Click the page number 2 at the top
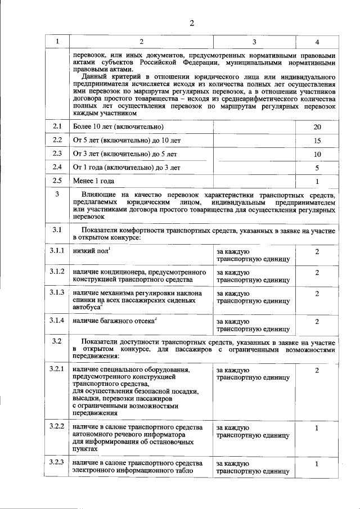pyautogui.click(x=191, y=23)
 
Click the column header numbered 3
pyautogui.click(x=254, y=42)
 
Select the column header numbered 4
pyautogui.click(x=317, y=42)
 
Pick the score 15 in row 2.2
pyautogui.click(x=317, y=140)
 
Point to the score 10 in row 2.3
pyautogui.click(x=317, y=154)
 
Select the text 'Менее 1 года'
pyautogui.click(x=93, y=181)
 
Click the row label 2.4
pyautogui.click(x=57, y=167)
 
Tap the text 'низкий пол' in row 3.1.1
pyautogui.click(x=91, y=251)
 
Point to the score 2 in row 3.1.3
pyautogui.click(x=317, y=294)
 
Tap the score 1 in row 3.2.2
pyautogui.click(x=317, y=428)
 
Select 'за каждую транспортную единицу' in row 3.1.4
pyautogui.click(x=253, y=325)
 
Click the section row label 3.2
pyautogui.click(x=57, y=341)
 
